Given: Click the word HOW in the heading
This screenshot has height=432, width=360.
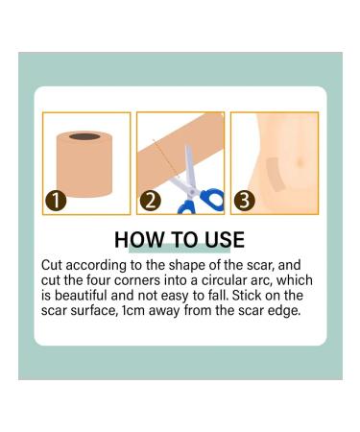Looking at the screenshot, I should click(135, 239).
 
